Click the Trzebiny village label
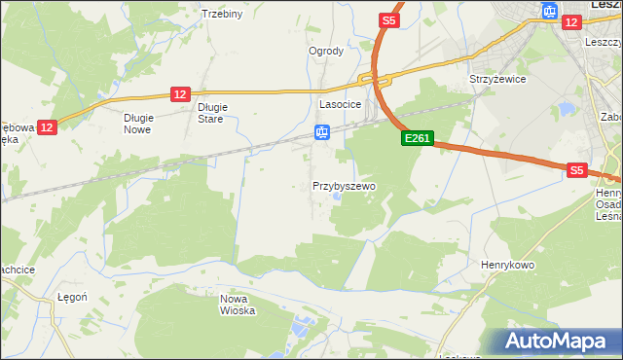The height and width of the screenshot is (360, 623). [x=221, y=14]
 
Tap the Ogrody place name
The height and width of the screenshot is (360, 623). [x=326, y=52]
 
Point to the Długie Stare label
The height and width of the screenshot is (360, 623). [x=211, y=113]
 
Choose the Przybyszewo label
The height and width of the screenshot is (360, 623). [x=344, y=185]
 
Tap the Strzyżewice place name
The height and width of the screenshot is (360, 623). [x=497, y=79]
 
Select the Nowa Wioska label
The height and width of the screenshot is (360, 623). [x=238, y=305]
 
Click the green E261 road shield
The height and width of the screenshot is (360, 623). [x=417, y=140]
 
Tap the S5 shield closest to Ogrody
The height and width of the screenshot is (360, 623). [x=388, y=20]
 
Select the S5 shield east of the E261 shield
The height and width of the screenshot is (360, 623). [x=577, y=170]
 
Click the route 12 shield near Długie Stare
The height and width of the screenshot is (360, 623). [x=179, y=93]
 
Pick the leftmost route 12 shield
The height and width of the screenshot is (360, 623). [x=50, y=126]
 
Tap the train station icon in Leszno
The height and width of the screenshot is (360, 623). [x=549, y=12]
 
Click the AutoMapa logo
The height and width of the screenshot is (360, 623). [x=558, y=341]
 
